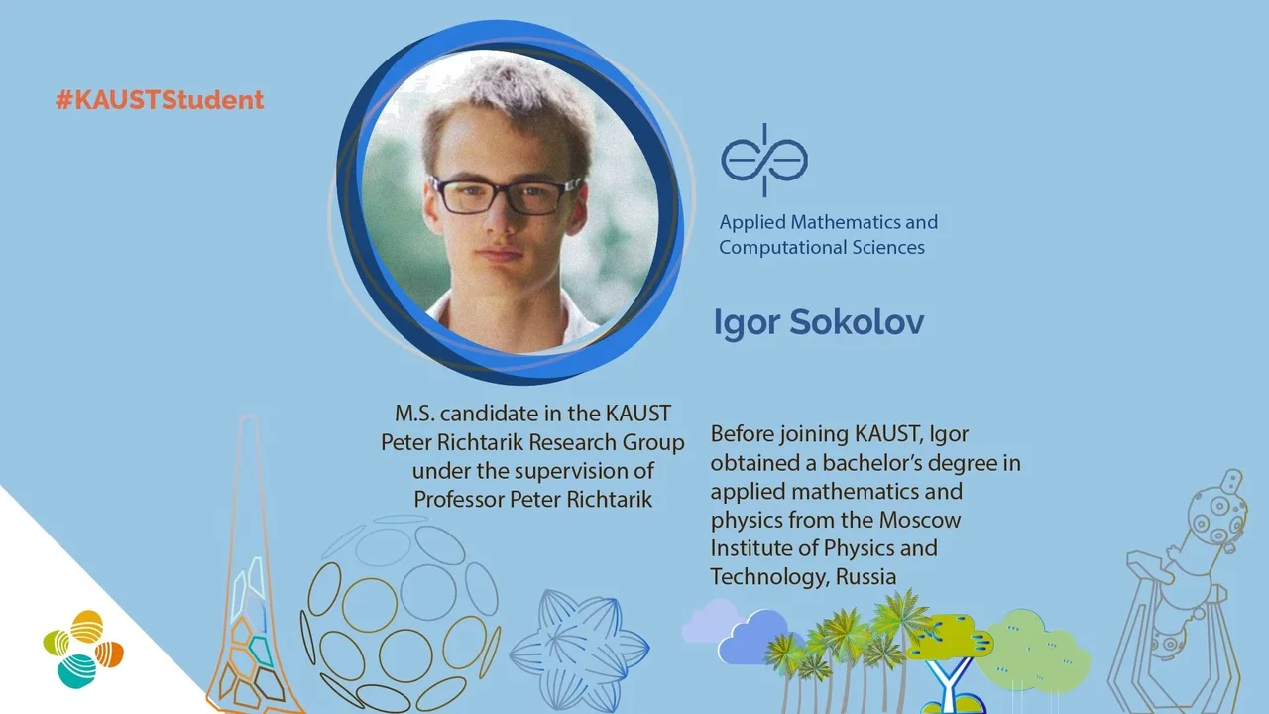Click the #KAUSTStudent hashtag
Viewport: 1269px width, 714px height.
click(x=160, y=100)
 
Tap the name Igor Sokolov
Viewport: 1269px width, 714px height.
click(x=819, y=323)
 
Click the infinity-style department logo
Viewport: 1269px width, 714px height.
click(x=764, y=160)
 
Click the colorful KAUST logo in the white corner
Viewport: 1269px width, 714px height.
click(x=83, y=650)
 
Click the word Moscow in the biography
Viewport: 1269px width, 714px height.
click(x=920, y=520)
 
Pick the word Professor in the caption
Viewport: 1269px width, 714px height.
click(x=459, y=499)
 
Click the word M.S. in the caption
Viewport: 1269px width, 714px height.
click(x=414, y=414)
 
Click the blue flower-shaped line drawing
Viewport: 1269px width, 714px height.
click(x=579, y=651)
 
